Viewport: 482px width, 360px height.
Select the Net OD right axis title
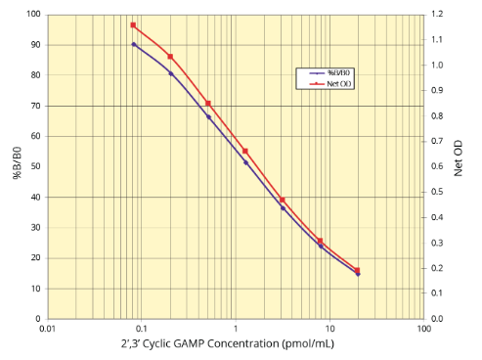459,166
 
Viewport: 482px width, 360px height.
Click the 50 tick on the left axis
36,166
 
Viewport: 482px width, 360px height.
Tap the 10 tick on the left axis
36,289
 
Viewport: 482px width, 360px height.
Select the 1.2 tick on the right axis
436,15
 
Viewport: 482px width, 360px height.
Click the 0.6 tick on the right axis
436,166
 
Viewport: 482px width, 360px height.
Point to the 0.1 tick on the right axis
436,293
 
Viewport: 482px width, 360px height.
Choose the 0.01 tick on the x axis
47,330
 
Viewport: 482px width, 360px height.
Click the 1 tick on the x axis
236,330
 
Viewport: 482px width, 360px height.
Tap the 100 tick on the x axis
423,330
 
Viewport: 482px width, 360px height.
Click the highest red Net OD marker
133,25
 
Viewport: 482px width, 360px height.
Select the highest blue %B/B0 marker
134,44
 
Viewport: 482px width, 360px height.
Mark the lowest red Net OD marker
358,270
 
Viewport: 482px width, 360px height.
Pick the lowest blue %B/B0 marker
358,274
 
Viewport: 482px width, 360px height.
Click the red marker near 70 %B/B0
208,103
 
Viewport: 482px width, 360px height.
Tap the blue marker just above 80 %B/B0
171,73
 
